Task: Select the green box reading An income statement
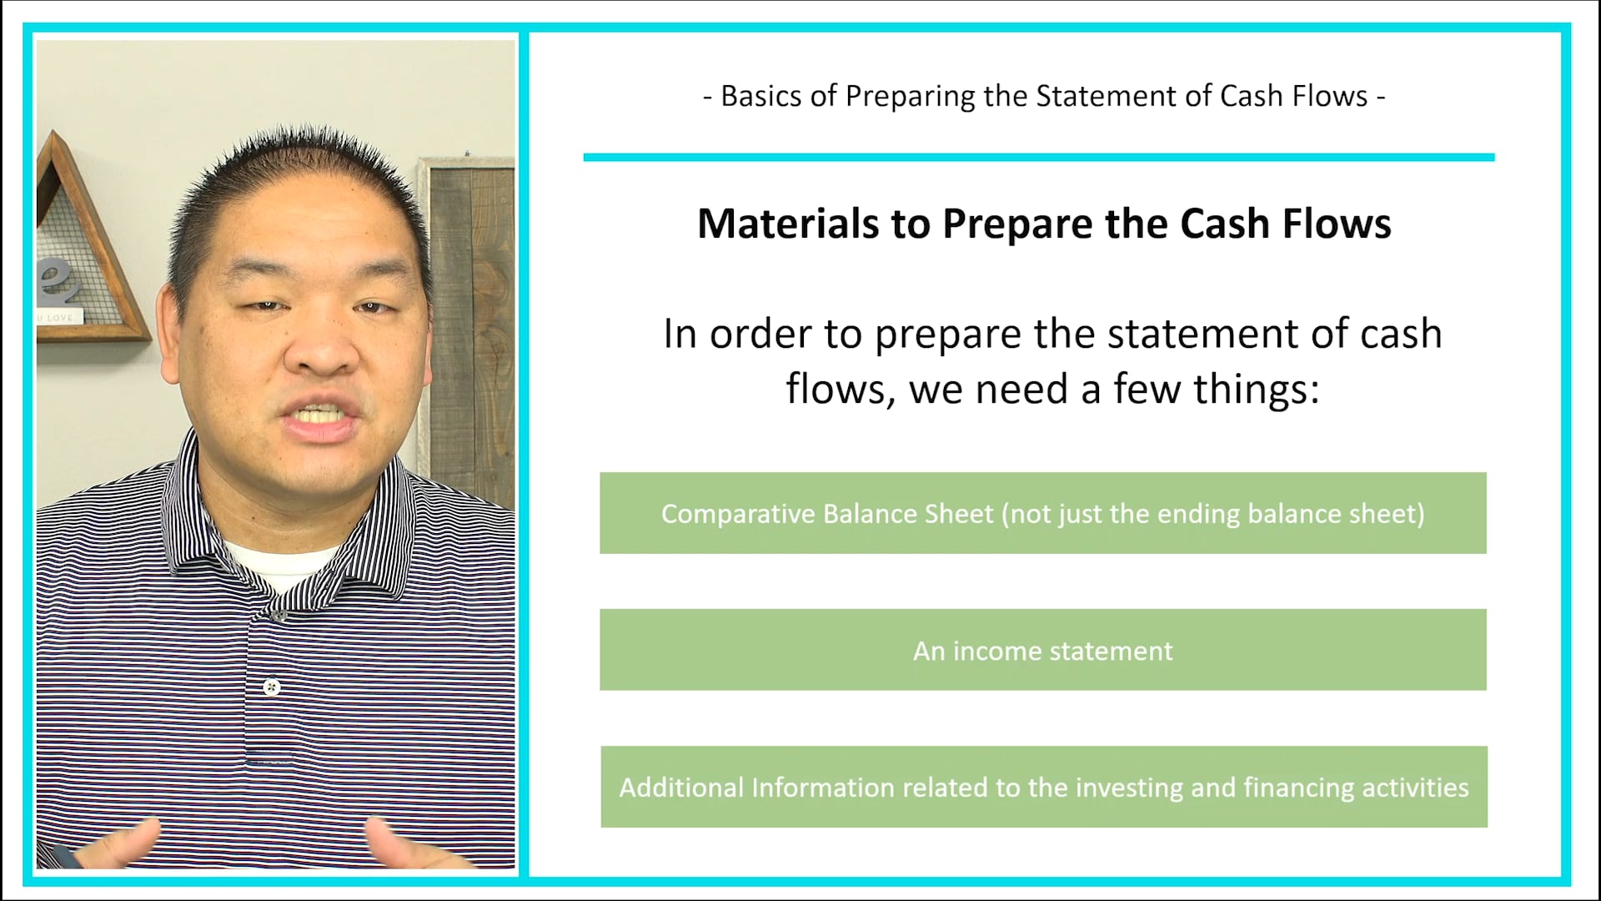tap(1042, 650)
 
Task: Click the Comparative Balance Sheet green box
tap(1042, 513)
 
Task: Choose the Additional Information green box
tap(1042, 787)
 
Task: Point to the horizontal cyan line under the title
tap(1038, 157)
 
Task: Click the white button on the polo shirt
tap(271, 687)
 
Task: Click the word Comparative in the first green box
tap(739, 514)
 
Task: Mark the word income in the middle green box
tap(997, 651)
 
